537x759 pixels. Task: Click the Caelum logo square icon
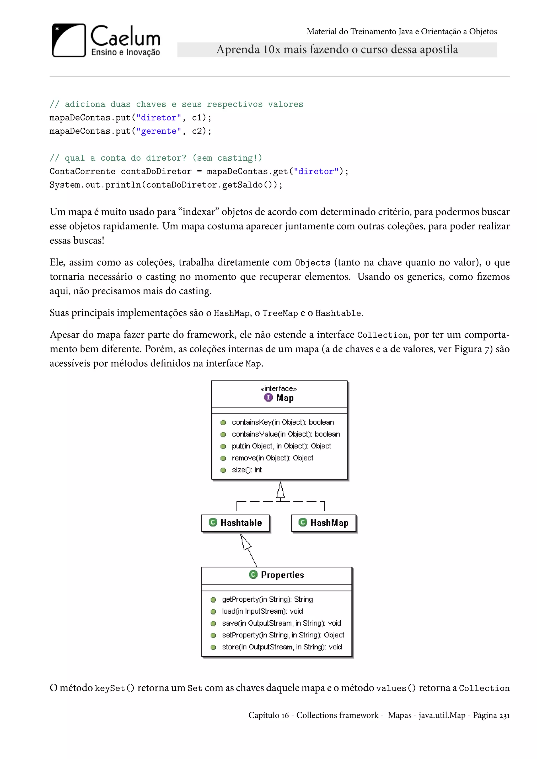pos(69,40)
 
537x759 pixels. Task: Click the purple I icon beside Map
pos(268,397)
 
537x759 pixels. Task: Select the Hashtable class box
pos(235,523)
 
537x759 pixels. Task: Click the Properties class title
pos(282,575)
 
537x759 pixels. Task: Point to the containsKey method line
pos(283,422)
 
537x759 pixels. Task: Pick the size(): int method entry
pos(247,470)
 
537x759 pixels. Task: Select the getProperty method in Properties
pos(267,599)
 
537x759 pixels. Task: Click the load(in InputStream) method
pos(262,611)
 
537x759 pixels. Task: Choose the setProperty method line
pos(283,635)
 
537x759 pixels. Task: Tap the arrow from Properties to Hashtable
pos(249,550)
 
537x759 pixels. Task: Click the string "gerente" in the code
pos(159,131)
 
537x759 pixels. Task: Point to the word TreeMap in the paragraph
pos(280,313)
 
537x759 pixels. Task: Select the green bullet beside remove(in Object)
pos(223,458)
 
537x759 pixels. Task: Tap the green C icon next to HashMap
pos(303,522)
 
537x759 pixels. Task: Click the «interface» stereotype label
pos(279,388)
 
